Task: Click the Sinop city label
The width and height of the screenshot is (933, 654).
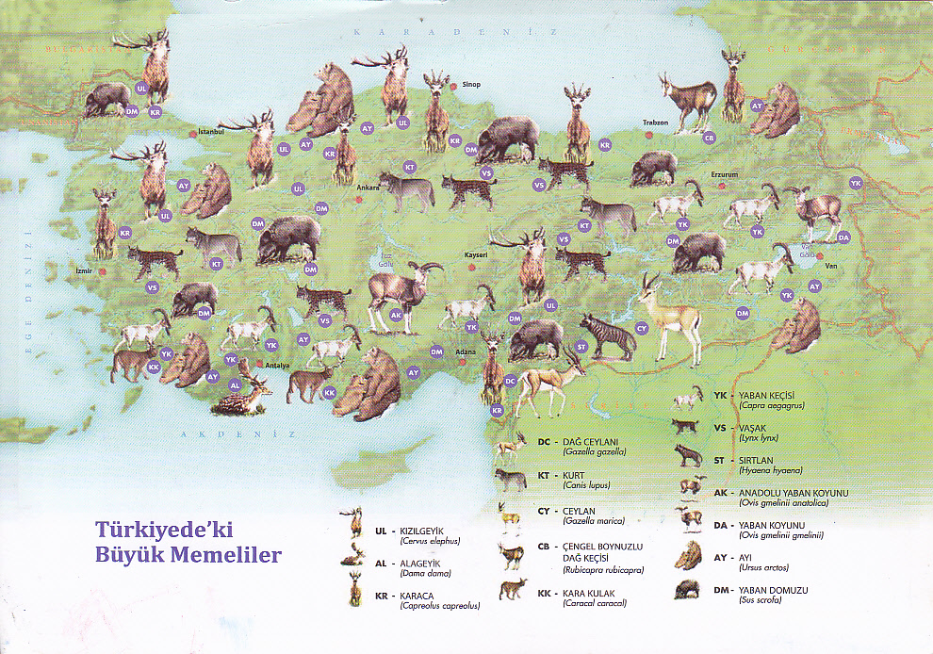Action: pyautogui.click(x=470, y=84)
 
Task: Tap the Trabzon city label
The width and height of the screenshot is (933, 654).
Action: pyautogui.click(x=655, y=123)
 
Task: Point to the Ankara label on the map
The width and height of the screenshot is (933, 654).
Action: pyautogui.click(x=368, y=188)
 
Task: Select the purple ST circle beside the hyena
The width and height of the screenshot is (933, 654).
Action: pyautogui.click(x=581, y=347)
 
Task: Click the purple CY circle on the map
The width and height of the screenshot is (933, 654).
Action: pyautogui.click(x=642, y=328)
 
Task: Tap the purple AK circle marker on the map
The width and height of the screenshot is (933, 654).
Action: pyautogui.click(x=396, y=315)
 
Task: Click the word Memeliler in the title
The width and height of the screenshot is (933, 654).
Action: pyautogui.click(x=227, y=555)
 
